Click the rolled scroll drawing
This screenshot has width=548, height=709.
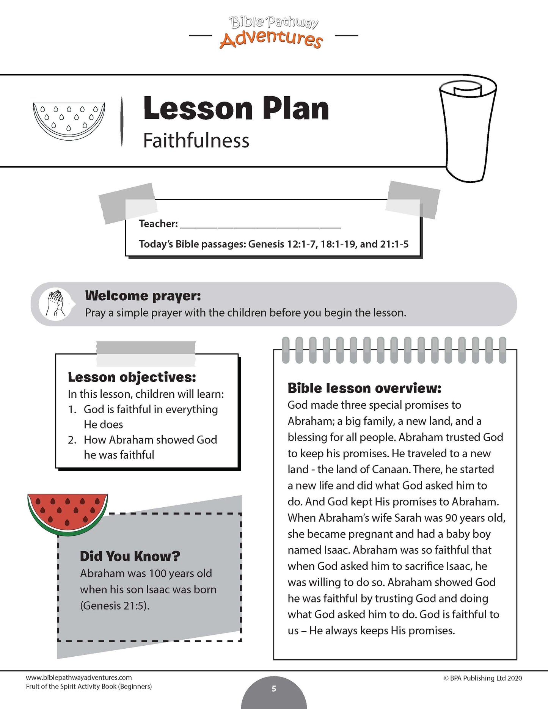[468, 129]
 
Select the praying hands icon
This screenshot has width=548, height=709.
[55, 303]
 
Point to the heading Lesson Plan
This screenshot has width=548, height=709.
[236, 108]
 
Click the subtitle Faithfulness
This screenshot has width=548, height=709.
[196, 141]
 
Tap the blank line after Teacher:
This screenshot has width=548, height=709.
[260, 224]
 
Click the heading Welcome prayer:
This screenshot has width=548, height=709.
[143, 295]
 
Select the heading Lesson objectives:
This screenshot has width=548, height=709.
[132, 377]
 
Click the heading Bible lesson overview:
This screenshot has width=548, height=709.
[364, 388]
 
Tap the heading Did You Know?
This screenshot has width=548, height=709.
[130, 556]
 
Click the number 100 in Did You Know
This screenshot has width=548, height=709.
[158, 573]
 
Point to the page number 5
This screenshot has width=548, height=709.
[274, 689]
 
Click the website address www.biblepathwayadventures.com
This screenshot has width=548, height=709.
[79, 678]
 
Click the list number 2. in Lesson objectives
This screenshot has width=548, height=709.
[72, 440]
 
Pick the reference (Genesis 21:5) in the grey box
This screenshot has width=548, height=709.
[115, 605]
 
